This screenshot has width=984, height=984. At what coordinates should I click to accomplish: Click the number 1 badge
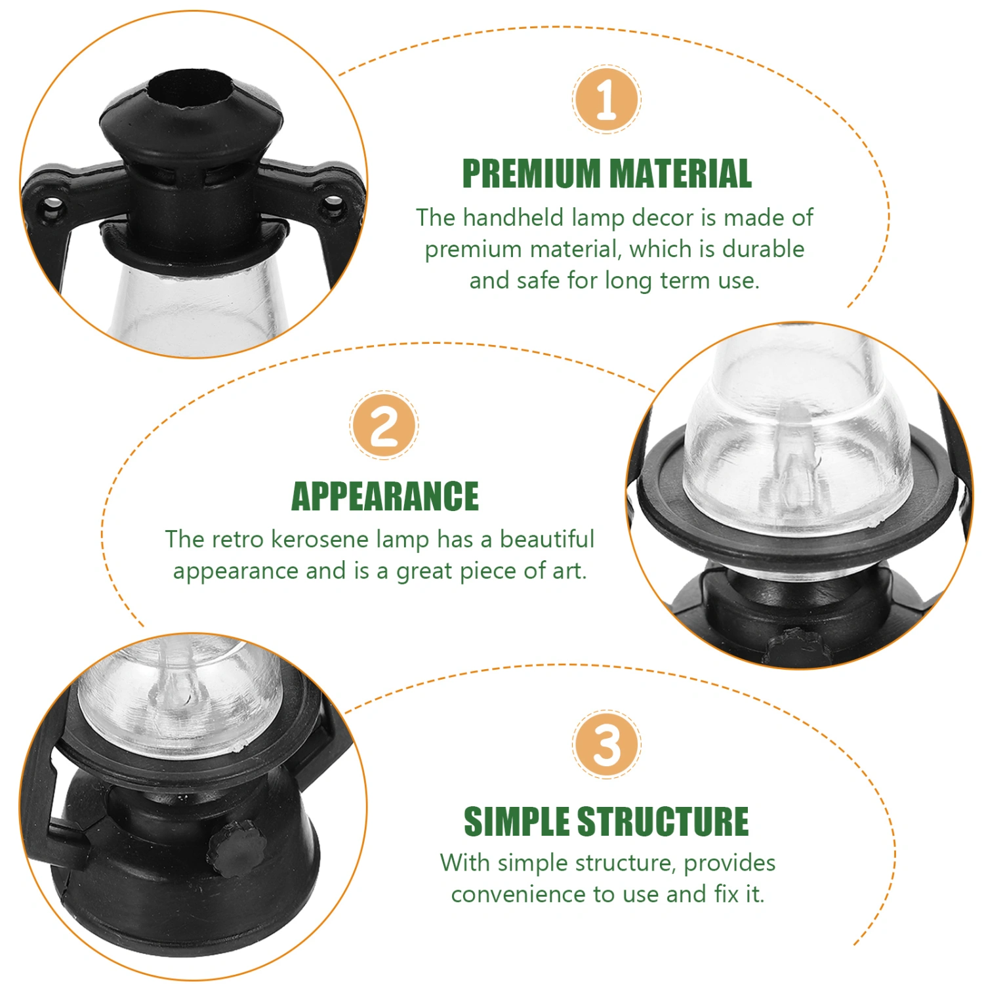click(x=606, y=100)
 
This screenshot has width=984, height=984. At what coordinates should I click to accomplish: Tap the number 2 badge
click(x=384, y=425)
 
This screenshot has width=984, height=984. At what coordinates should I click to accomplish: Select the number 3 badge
click(x=606, y=744)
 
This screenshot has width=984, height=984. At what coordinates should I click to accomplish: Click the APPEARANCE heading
click(x=385, y=496)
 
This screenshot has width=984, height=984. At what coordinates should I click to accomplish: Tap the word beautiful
click(x=547, y=539)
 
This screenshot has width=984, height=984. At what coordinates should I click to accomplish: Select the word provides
click(x=729, y=863)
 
